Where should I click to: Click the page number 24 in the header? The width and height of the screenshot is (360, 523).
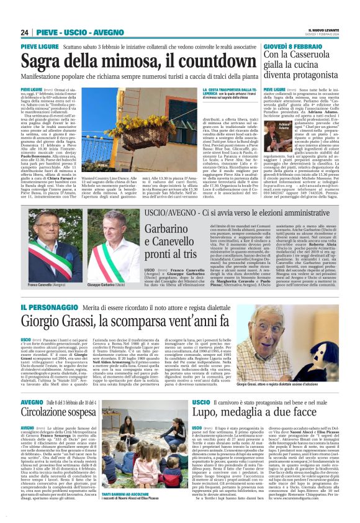coord(25,32)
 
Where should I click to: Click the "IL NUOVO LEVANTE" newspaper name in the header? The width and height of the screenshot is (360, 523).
coord(324,30)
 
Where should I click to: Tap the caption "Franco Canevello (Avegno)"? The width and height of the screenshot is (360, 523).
coord(45,284)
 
